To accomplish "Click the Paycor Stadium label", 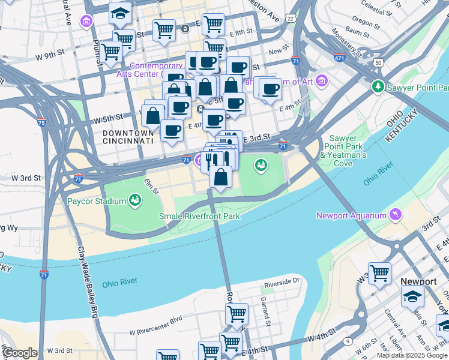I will pyautogui.click(x=97, y=201).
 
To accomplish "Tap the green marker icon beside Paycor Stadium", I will pyautogui.click(x=135, y=200).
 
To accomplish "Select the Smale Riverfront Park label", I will pyautogui.click(x=199, y=216).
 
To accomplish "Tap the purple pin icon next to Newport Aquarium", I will pyautogui.click(x=396, y=214).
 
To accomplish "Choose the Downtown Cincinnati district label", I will pyautogui.click(x=127, y=136).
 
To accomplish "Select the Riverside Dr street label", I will pyautogui.click(x=282, y=280).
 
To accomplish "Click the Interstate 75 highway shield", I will pyautogui.click(x=41, y=122).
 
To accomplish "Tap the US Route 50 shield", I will pyautogui.click(x=378, y=62).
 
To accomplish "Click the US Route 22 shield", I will pyautogui.click(x=291, y=19).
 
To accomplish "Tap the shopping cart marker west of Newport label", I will pyautogui.click(x=379, y=274).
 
